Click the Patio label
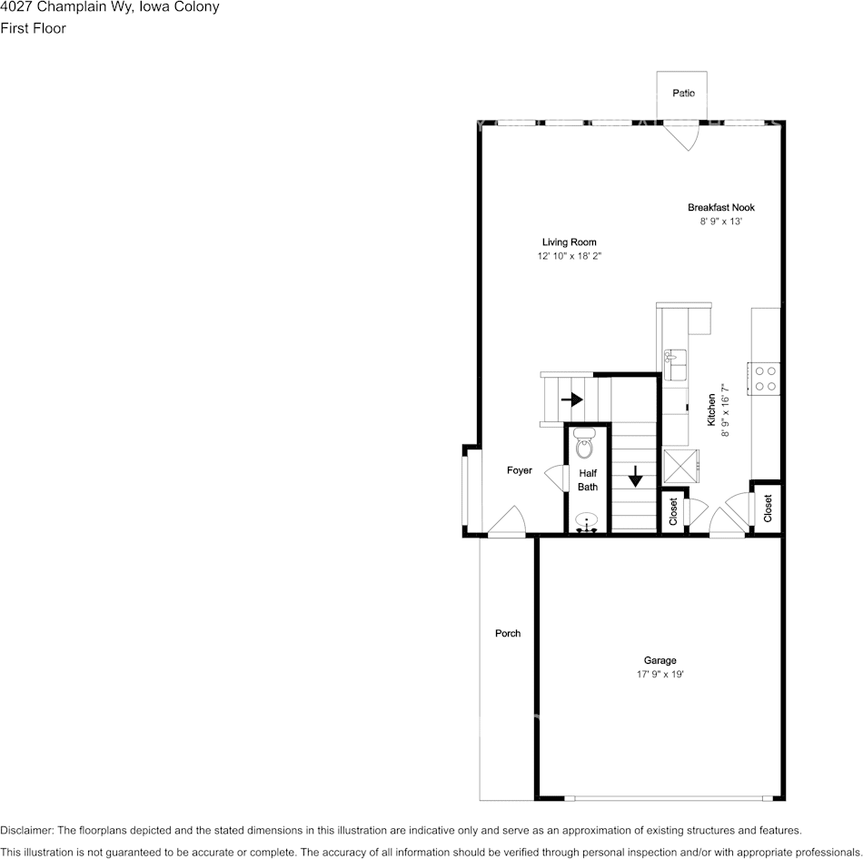point(683,94)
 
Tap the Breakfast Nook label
point(721,208)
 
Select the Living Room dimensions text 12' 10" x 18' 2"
point(570,257)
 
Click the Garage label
point(660,660)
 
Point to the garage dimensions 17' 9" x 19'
point(660,675)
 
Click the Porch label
point(508,633)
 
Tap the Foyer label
point(520,470)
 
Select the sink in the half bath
point(588,522)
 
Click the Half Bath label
point(588,479)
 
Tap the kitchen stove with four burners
point(765,378)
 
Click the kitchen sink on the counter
point(675,365)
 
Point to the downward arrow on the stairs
point(635,475)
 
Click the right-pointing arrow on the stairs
point(571,399)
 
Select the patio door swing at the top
point(682,137)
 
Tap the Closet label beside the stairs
point(673,512)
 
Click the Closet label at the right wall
point(768,508)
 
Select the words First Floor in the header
point(34,28)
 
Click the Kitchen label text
point(712,410)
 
